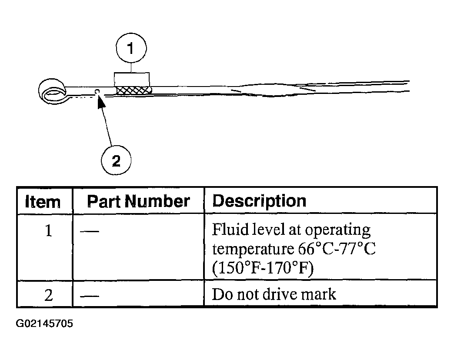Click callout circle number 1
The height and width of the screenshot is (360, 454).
pos(131,49)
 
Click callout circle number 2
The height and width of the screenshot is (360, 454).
pos(116,161)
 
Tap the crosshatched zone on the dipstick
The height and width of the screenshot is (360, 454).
pos(134,90)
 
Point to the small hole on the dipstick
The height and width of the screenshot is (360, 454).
pos(97,91)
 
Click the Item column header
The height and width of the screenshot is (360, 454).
pos(43,201)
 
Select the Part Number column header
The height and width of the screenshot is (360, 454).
pos(138,201)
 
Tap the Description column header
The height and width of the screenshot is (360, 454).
pos(259,201)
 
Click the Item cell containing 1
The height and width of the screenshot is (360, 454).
pos(48,230)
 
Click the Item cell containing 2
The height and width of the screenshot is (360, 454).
pos(48,295)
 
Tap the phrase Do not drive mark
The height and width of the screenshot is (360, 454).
pos(274,294)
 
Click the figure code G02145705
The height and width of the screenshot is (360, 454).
pos(44,324)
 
